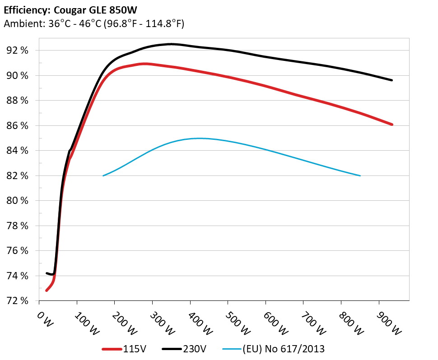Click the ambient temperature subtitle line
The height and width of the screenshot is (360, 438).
[94, 24]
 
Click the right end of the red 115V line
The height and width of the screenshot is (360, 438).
[392, 125]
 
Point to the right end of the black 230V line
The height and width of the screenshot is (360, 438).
[391, 80]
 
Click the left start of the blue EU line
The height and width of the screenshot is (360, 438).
[103, 175]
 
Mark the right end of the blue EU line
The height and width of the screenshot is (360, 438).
[360, 175]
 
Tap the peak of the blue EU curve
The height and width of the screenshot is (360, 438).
[198, 138]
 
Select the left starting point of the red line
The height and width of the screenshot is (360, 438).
[47, 290]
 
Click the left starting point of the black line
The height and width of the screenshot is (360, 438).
[47, 273]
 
